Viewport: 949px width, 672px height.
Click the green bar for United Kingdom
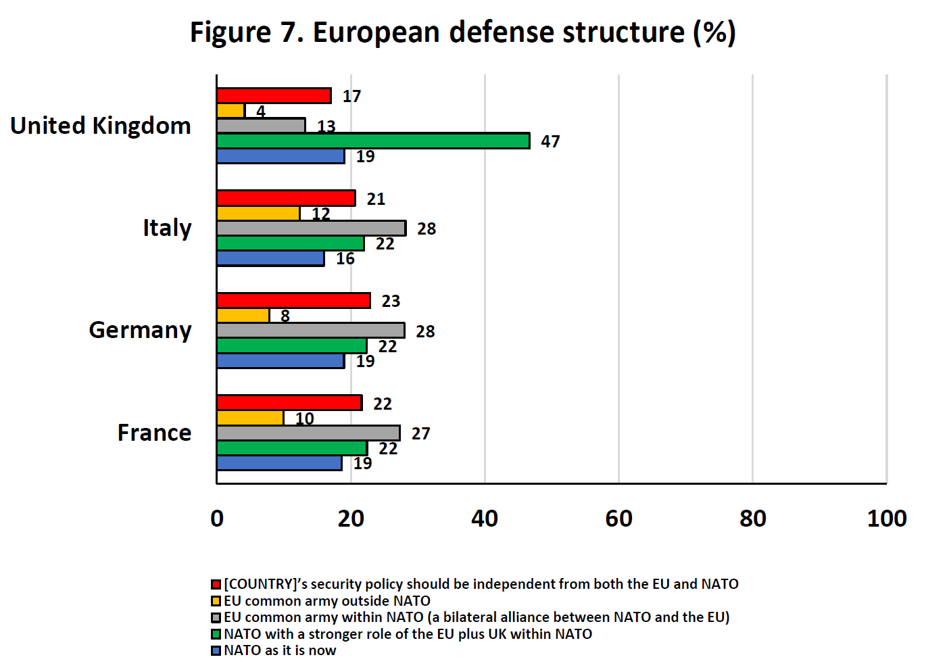tap(373, 141)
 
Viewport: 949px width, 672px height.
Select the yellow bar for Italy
tap(258, 214)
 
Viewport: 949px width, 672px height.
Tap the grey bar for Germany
tap(311, 331)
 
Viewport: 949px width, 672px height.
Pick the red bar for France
tap(289, 403)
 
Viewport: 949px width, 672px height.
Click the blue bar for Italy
tap(270, 258)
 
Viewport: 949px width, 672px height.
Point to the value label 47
tap(550, 141)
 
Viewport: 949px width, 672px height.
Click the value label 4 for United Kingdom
tap(260, 112)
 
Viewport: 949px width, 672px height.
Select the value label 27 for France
tap(420, 433)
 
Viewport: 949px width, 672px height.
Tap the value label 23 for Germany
tap(391, 301)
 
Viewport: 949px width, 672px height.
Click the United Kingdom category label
tap(101, 126)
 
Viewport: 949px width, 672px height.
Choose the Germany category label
tap(140, 330)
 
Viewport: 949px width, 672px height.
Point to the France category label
tap(154, 433)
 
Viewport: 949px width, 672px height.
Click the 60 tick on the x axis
tap(618, 519)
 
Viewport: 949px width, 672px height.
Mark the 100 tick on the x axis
tap(886, 519)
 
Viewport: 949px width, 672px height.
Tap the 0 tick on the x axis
tap(217, 519)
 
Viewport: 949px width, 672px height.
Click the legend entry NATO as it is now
tap(280, 650)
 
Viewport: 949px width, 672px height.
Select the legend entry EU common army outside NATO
tap(326, 601)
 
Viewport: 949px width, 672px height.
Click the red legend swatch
tap(216, 585)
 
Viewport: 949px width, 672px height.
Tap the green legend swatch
tap(216, 634)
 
